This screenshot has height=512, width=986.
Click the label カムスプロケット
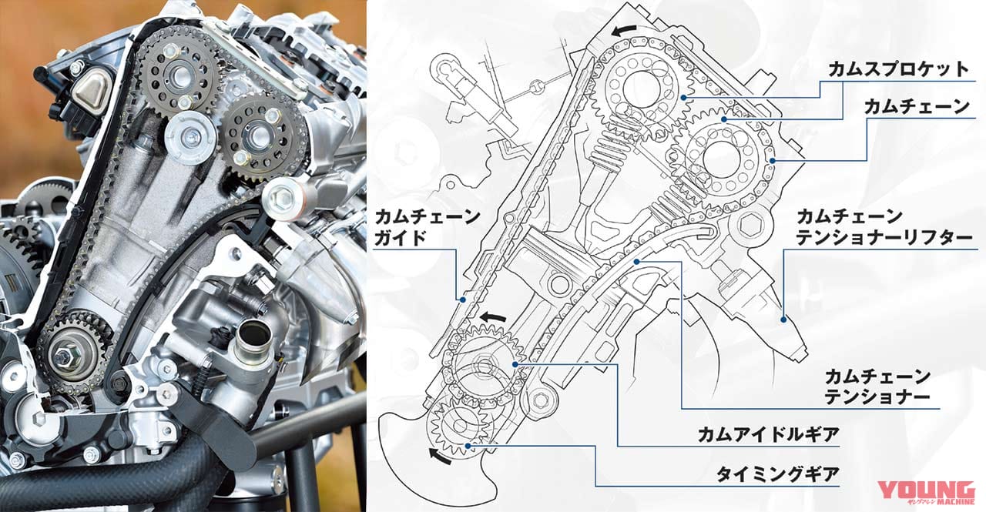pos(897,69)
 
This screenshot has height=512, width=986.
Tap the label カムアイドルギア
pos(767,435)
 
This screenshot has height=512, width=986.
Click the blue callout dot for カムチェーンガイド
pos(462,299)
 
